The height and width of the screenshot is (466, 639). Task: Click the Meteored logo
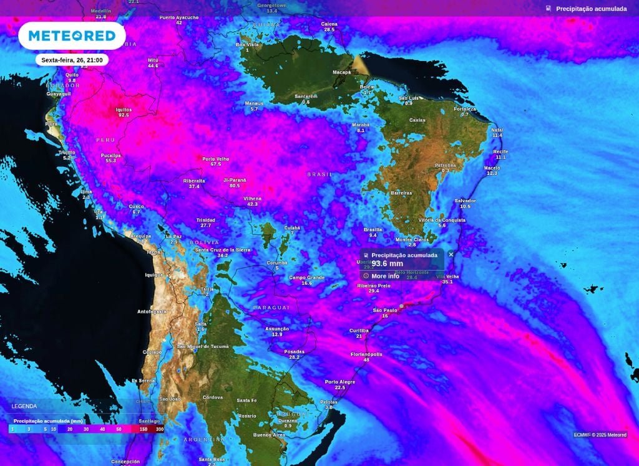pyautogui.click(x=72, y=36)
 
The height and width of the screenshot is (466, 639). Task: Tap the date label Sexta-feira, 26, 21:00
pyautogui.click(x=72, y=60)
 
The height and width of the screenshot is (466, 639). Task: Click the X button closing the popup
pyautogui.click(x=451, y=254)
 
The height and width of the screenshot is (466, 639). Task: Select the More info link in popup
pyautogui.click(x=385, y=276)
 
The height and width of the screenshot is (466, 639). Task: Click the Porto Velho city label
pyautogui.click(x=216, y=159)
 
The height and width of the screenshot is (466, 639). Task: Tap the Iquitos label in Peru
pyautogui.click(x=124, y=110)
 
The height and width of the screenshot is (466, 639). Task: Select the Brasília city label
pyautogui.click(x=373, y=230)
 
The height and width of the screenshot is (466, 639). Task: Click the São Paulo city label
pyautogui.click(x=385, y=310)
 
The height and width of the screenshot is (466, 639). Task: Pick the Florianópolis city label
pyautogui.click(x=366, y=354)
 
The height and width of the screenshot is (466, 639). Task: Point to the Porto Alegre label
pyautogui.click(x=339, y=382)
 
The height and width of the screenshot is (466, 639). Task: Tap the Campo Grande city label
pyautogui.click(x=306, y=278)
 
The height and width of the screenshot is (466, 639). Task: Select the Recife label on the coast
pyautogui.click(x=500, y=152)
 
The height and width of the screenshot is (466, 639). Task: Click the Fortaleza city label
pyautogui.click(x=465, y=109)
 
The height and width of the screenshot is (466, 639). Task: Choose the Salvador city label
pyautogui.click(x=465, y=201)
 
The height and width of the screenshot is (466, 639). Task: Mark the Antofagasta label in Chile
pyautogui.click(x=152, y=311)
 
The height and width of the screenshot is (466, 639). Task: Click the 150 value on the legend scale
pyautogui.click(x=143, y=429)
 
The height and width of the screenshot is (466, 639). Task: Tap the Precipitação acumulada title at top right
pyautogui.click(x=591, y=9)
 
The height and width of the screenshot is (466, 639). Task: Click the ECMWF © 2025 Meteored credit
pyautogui.click(x=600, y=435)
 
